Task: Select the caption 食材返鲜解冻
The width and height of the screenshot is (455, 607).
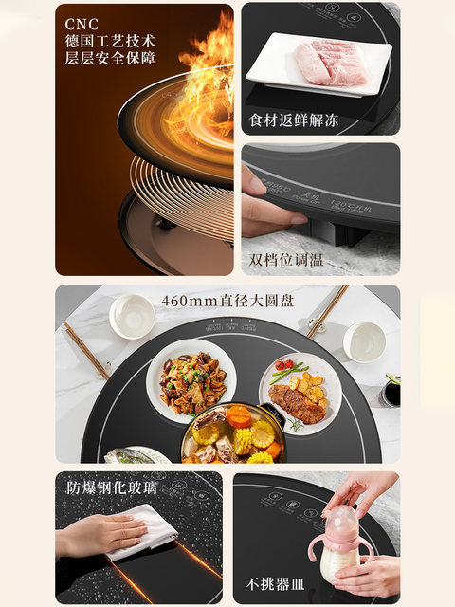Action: click(294, 120)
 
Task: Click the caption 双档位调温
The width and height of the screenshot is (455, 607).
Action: click(286, 259)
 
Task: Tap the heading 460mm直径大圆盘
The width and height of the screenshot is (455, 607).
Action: click(225, 301)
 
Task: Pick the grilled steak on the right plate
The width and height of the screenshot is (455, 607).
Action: click(292, 401)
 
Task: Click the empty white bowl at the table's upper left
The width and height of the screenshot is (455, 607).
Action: click(132, 315)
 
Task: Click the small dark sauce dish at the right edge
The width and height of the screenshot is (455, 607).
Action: click(391, 392)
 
